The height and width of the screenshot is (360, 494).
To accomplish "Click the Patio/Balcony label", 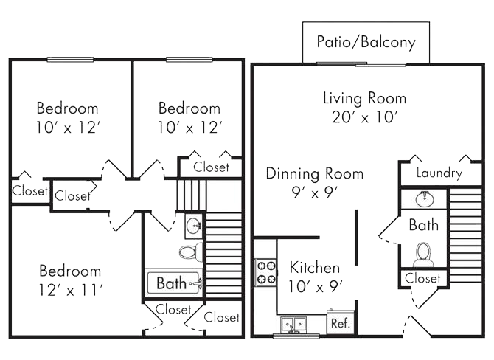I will tap(366, 41).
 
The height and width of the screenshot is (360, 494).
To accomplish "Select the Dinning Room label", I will tap(314, 174).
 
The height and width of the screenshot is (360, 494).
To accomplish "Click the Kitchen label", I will tap(314, 267).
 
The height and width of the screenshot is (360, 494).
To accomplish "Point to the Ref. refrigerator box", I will tap(340, 323).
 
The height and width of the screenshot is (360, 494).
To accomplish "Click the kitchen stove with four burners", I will tap(265, 272).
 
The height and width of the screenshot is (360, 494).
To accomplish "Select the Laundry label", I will tap(439, 174).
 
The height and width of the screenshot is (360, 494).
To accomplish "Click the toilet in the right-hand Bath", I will tap(423, 255).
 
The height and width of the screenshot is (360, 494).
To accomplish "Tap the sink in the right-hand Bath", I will tap(423, 198).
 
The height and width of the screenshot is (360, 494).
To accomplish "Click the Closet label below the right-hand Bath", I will tap(423, 278).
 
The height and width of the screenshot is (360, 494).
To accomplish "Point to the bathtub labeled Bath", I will tap(173, 282).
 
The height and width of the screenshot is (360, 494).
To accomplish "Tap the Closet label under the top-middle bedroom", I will tap(211, 167).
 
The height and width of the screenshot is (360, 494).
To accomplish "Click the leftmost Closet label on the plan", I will tap(29, 191).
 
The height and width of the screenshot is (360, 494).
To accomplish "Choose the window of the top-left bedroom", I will tap(70, 60).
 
